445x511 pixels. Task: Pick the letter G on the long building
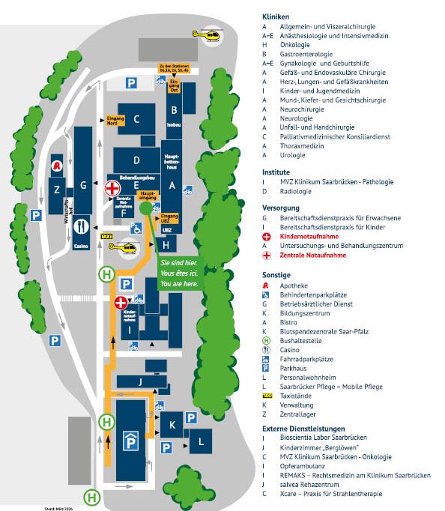click(84, 184)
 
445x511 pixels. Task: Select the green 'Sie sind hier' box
click(179, 273)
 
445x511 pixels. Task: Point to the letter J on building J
click(140, 382)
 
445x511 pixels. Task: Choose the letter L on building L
click(200, 442)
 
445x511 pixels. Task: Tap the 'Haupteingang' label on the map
click(148, 195)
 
